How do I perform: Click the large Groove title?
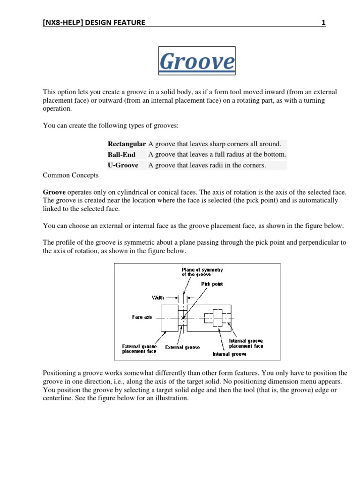tap(197, 61)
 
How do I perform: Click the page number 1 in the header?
tap(323, 22)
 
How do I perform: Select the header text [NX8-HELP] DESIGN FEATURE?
tap(94, 22)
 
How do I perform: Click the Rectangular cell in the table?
tap(127, 144)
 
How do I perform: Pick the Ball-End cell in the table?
tap(121, 155)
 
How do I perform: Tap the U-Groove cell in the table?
tap(123, 165)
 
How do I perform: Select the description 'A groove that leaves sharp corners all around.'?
tap(215, 144)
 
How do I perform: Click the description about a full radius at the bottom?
tap(217, 155)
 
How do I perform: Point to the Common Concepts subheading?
tap(71, 175)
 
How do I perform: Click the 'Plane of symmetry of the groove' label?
tap(202, 272)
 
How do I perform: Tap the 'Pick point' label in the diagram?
tap(212, 284)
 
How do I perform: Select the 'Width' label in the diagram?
tap(158, 297)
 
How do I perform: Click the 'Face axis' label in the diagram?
tap(142, 317)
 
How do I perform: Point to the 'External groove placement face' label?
tap(140, 349)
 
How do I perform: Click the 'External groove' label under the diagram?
tap(182, 347)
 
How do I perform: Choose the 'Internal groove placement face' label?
tap(246, 344)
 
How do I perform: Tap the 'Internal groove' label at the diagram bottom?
tap(229, 354)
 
